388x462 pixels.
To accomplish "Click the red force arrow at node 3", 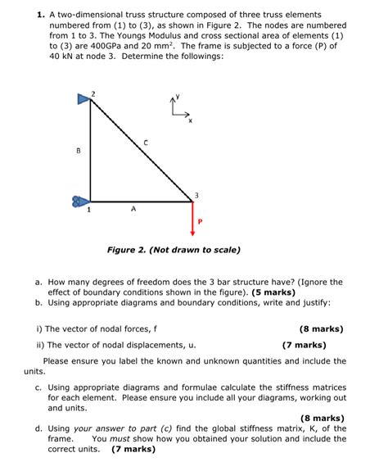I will point(194,216).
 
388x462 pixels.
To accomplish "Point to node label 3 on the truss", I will point(196,193).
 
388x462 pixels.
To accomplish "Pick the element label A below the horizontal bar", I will point(133,209).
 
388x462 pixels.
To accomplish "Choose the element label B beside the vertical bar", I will point(78,151).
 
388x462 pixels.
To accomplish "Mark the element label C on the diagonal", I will point(147,143).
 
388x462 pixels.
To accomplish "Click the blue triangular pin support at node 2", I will point(83,100).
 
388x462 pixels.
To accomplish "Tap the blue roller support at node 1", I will point(79,200).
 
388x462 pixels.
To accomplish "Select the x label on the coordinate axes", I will point(190,120).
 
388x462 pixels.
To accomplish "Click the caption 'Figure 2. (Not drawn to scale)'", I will point(174,250).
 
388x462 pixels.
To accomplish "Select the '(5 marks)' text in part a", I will point(273,292).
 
